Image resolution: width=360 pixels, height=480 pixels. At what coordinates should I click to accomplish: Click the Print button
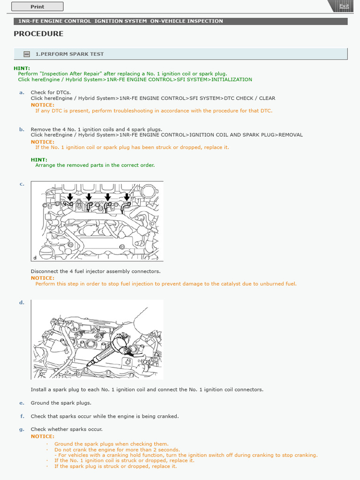tap(37, 7)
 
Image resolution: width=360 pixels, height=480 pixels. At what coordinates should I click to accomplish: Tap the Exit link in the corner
tap(344, 6)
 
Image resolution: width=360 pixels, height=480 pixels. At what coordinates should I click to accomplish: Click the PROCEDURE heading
tap(38, 34)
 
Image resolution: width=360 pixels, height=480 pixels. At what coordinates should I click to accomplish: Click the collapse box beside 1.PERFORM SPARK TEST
tap(27, 54)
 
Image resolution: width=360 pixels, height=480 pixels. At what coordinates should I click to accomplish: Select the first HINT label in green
tap(22, 68)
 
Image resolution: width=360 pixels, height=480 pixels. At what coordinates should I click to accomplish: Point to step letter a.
tap(22, 92)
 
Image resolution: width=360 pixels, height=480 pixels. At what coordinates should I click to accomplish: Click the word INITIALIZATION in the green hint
tap(232, 80)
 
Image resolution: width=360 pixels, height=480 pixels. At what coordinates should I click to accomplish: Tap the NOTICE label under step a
tap(42, 105)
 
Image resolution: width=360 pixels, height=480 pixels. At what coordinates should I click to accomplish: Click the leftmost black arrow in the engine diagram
tap(70, 196)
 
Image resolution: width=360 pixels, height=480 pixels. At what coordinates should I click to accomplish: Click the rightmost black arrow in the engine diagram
tap(126, 196)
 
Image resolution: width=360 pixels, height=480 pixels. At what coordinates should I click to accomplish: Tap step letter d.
tap(22, 302)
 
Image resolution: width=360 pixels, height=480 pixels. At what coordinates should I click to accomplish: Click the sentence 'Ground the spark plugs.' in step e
tap(61, 403)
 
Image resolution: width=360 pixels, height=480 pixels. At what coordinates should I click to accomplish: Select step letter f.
tap(22, 416)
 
